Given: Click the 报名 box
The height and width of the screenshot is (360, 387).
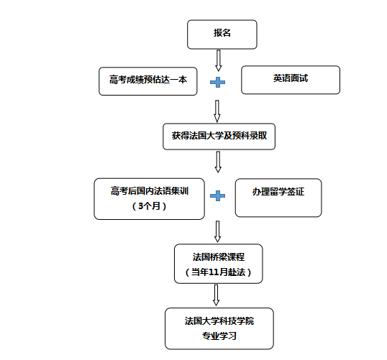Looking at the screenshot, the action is [x=222, y=34].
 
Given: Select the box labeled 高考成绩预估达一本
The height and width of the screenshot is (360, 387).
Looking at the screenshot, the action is [x=148, y=81].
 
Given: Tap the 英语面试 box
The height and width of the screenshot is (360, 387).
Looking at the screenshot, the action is [x=291, y=80].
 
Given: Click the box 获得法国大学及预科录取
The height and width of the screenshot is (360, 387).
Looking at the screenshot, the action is [x=219, y=137].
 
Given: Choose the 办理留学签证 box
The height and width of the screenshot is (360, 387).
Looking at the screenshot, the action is [x=278, y=198].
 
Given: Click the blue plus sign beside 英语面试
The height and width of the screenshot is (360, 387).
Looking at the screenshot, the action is [x=217, y=82].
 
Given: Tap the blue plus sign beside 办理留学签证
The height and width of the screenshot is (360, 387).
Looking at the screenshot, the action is [x=217, y=195].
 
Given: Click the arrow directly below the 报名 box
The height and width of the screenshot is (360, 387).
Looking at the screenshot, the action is [x=219, y=60].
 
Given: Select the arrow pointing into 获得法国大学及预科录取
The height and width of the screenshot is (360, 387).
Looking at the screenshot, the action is [x=217, y=111].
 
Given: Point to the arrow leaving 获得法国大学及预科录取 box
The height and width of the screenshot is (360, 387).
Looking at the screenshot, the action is [x=218, y=162].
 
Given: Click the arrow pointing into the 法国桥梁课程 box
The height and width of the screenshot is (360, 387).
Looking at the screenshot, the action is [x=217, y=231].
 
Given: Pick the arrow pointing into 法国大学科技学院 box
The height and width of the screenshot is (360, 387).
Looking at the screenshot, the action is [x=217, y=295].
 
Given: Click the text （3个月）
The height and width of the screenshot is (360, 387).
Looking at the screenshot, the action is [x=150, y=206].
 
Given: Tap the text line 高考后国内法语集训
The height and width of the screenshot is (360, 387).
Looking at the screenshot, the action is [x=150, y=191].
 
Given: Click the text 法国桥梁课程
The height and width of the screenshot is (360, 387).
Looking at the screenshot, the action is [x=219, y=257].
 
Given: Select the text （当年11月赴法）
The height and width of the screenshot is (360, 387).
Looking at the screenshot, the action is [x=219, y=272].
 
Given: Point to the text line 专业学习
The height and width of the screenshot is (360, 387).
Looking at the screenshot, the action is [x=219, y=336].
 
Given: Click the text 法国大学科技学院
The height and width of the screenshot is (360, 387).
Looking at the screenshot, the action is [x=219, y=320].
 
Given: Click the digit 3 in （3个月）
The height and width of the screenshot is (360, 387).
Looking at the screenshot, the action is [x=141, y=206].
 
